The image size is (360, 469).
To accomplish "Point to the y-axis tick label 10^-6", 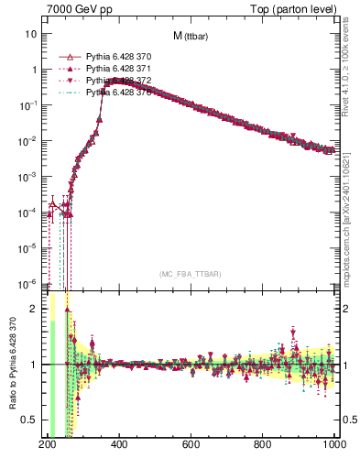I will coord(27,283).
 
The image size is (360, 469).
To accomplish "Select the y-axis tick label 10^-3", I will coord(27,176).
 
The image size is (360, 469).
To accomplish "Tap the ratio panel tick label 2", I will coord(34,310).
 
